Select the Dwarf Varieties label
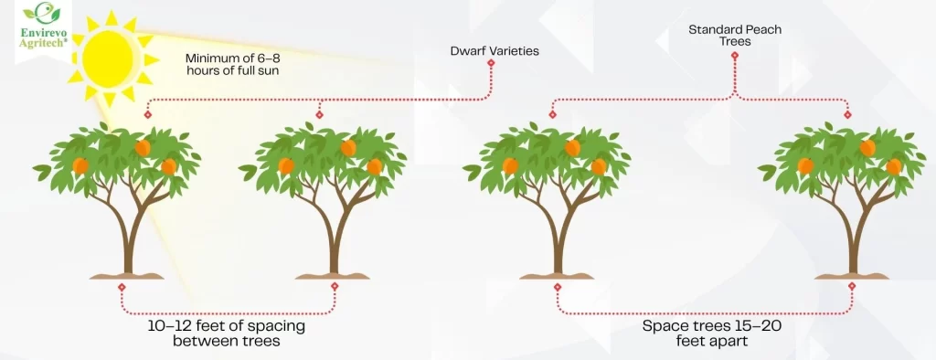pyautogui.click(x=495, y=51)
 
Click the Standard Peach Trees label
pyautogui.click(x=734, y=36)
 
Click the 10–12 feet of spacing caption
pyautogui.click(x=226, y=334)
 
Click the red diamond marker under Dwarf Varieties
pyautogui.click(x=491, y=63)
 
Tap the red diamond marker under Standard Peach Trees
pyautogui.click(x=734, y=55)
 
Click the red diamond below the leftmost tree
pyautogui.click(x=122, y=286)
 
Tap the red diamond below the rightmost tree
pyautogui.click(x=852, y=286)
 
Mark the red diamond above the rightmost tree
pyautogui.click(x=848, y=115)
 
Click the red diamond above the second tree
pyautogui.click(x=319, y=115)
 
